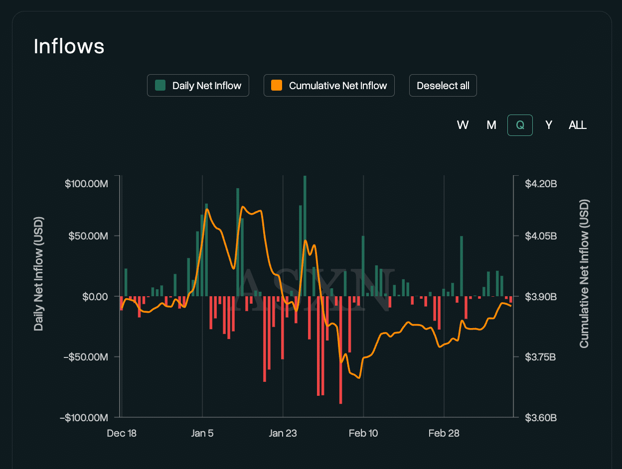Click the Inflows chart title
pyautogui.click(x=69, y=46)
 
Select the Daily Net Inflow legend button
pyautogui.click(x=198, y=86)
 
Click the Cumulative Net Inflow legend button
pyautogui.click(x=329, y=86)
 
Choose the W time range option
pyautogui.click(x=463, y=125)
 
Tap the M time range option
pyautogui.click(x=491, y=125)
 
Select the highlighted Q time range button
pyautogui.click(x=520, y=125)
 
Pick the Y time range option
pyautogui.click(x=549, y=125)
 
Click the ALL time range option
pyautogui.click(x=578, y=125)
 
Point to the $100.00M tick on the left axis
pyautogui.click(x=86, y=184)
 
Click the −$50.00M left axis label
pyautogui.click(x=86, y=357)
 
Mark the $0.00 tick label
pyautogui.click(x=95, y=297)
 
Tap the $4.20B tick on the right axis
pyautogui.click(x=541, y=184)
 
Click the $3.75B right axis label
pyautogui.click(x=540, y=357)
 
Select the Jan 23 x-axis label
pyautogui.click(x=283, y=433)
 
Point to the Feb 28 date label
pyautogui.click(x=444, y=433)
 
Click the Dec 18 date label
pyautogui.click(x=122, y=433)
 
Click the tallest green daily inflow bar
pyautogui.click(x=305, y=236)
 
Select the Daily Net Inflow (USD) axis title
pyautogui.click(x=38, y=274)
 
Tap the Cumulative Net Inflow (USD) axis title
pyautogui.click(x=584, y=274)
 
